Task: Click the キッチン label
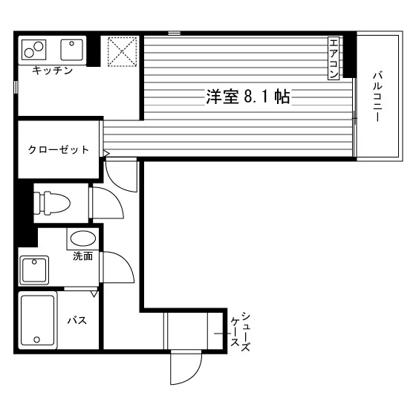(52, 71)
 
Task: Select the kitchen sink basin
(71, 50)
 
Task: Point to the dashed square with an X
(122, 51)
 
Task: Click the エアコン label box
(334, 59)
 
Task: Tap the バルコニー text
(377, 96)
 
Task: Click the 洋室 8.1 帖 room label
(248, 97)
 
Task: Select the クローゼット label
(58, 150)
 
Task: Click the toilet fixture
(52, 203)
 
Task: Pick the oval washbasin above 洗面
(82, 238)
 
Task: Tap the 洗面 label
(82, 256)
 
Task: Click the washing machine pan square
(34, 270)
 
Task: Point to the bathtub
(38, 320)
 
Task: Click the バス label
(77, 320)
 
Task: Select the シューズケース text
(240, 331)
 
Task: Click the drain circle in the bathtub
(37, 339)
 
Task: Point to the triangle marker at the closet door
(105, 153)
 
